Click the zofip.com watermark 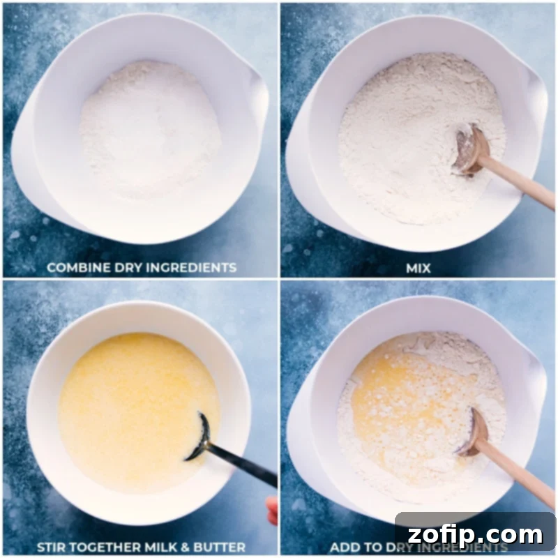click(475, 535)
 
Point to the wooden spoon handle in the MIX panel click(520, 185)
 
